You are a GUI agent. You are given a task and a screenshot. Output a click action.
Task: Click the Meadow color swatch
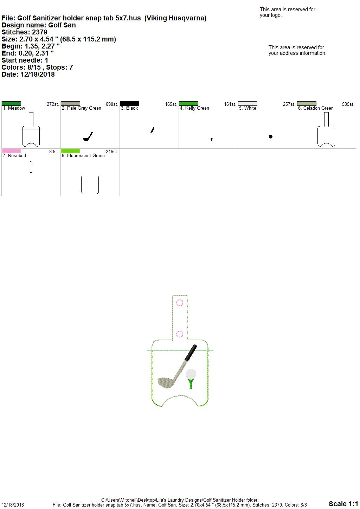pos(11,104)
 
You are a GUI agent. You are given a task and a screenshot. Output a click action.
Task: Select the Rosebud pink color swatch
pos(11,151)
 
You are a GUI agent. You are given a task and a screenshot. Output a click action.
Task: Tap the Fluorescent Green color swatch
pos(70,151)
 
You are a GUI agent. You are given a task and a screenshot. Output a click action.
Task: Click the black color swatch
pos(129,104)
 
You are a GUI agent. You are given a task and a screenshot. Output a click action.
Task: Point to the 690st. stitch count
pos(112,104)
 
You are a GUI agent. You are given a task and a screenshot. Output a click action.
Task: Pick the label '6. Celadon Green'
pos(316,108)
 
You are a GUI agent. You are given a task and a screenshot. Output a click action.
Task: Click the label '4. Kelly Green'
pos(194,108)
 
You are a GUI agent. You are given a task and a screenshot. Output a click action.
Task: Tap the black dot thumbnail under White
pos(270,137)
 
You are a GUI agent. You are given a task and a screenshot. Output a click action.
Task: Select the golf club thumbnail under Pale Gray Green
pos(88,136)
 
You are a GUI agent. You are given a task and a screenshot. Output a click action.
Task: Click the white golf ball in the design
pos(191,374)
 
